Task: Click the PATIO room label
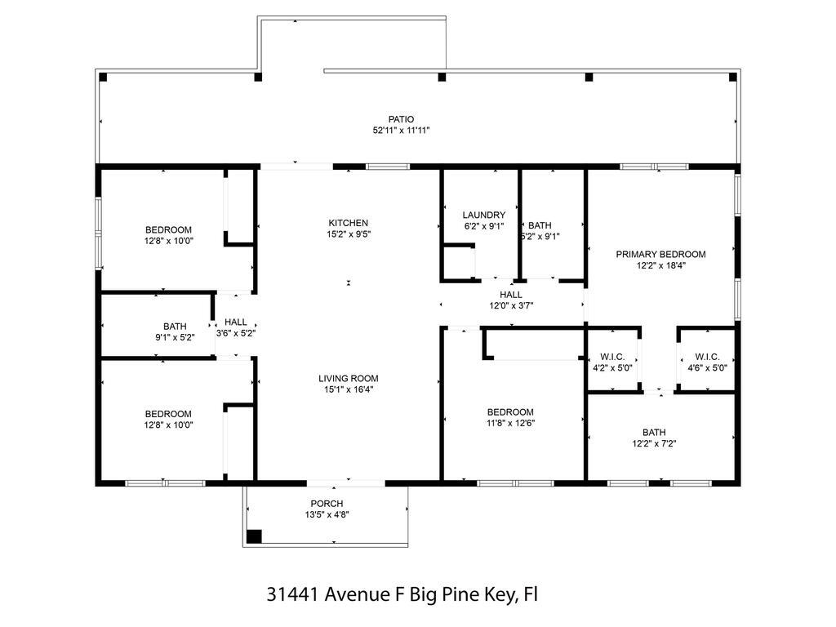[401, 119]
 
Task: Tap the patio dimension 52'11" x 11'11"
[401, 131]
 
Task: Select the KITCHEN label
[349, 223]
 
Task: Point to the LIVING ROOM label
[349, 378]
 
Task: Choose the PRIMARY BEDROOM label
[660, 254]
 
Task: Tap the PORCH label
[327, 503]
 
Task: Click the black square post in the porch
[254, 536]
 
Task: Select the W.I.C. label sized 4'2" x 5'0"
[612, 357]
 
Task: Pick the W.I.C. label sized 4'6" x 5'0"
[707, 357]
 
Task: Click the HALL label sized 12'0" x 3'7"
[511, 295]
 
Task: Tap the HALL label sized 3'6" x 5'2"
[236, 322]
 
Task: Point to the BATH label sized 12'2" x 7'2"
[654, 433]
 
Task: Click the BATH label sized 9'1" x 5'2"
[175, 327]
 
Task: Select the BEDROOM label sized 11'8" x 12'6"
[510, 412]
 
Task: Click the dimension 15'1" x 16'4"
[349, 389]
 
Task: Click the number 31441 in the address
[293, 594]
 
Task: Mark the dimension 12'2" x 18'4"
[660, 265]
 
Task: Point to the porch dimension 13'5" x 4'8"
[327, 514]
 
